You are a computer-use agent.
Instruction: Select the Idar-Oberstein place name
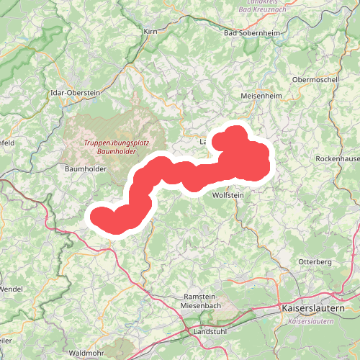click(74, 92)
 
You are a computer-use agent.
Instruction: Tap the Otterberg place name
click(314, 261)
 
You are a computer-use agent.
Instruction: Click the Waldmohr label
click(88, 354)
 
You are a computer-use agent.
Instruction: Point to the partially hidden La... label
click(203, 142)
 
